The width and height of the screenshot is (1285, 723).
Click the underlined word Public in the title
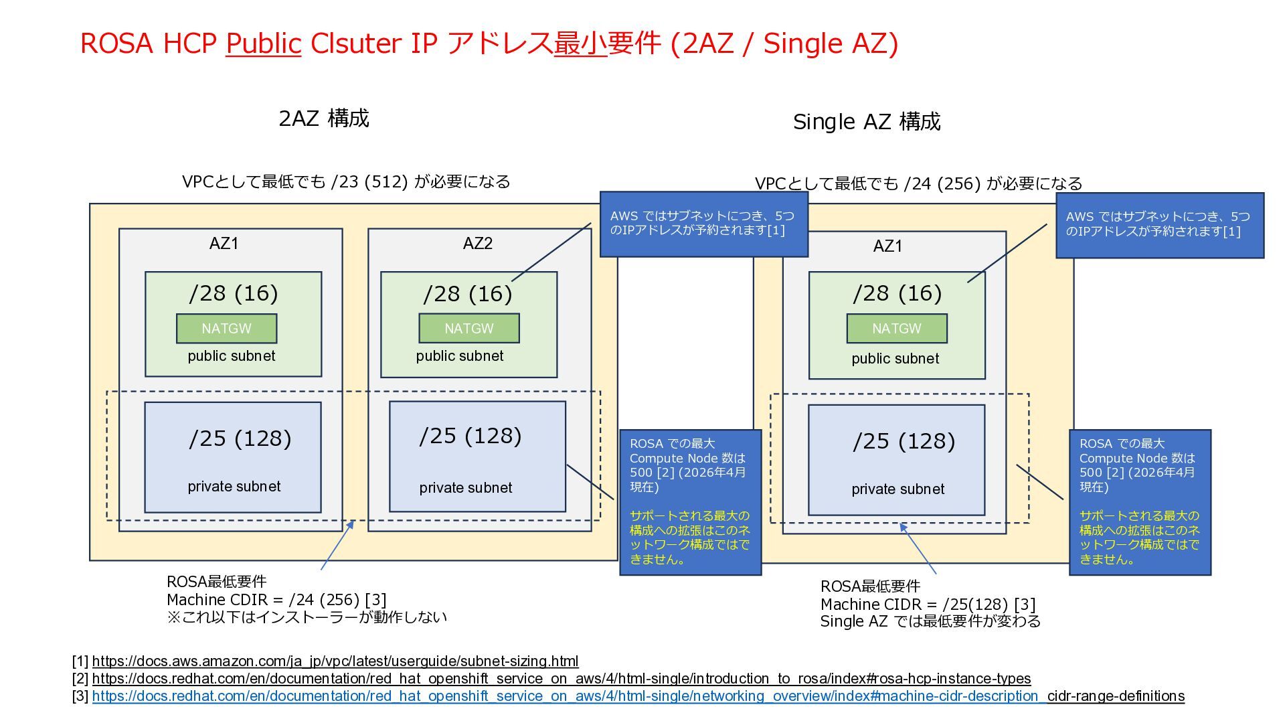[x=263, y=44]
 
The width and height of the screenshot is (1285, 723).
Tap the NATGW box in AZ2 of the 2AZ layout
[x=468, y=328]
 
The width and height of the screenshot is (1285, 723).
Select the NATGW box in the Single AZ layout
[x=896, y=328]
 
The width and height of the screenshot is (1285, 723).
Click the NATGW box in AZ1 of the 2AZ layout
[x=226, y=328]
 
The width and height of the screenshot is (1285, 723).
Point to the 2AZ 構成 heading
[x=323, y=118]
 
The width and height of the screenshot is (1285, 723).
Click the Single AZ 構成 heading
[x=866, y=122]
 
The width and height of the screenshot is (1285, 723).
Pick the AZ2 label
[x=477, y=243]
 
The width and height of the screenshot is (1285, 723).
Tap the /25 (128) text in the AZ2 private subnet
[x=470, y=436]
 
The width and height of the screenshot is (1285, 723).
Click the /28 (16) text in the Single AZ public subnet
[x=897, y=293]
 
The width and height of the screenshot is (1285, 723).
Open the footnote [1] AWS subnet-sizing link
[x=335, y=661]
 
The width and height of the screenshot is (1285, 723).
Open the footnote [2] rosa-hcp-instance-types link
[x=561, y=679]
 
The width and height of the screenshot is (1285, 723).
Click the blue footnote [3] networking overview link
[x=566, y=696]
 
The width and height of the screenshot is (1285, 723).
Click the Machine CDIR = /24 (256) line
[x=276, y=600]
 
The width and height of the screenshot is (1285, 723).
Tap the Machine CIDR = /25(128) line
[x=928, y=605]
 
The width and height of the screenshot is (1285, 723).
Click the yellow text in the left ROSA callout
[x=689, y=538]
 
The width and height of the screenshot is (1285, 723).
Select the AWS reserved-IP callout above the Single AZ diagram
[x=1159, y=224]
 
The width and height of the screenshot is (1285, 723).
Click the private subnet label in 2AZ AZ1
[x=234, y=487]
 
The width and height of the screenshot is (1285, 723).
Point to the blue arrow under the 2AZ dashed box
[x=338, y=545]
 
